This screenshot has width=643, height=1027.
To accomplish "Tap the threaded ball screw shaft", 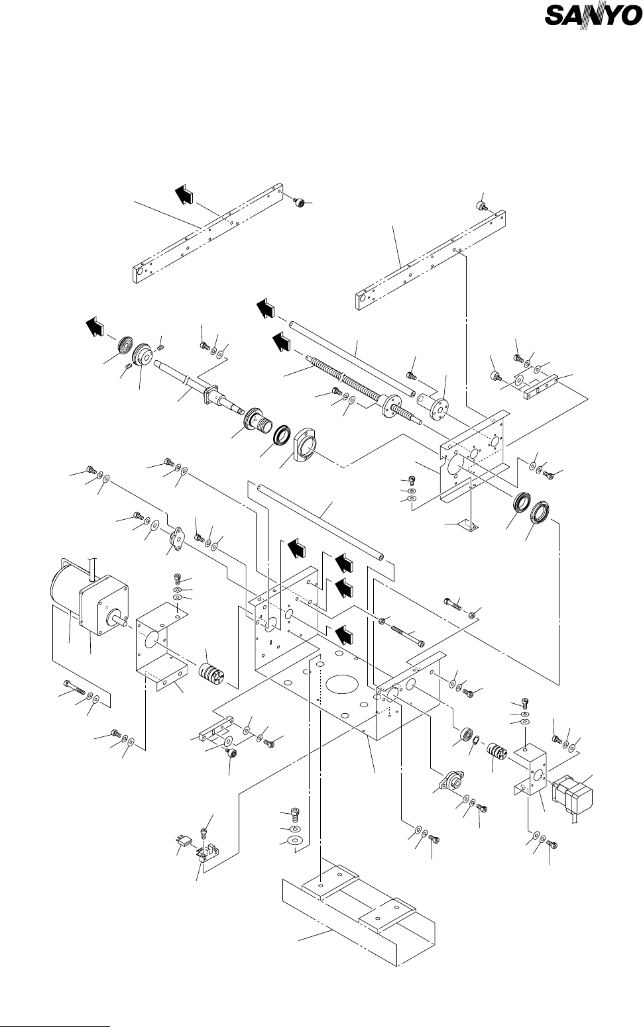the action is point(364,387).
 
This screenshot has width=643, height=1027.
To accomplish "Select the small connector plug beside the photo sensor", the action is point(184,840).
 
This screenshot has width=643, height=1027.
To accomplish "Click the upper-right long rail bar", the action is point(431,260).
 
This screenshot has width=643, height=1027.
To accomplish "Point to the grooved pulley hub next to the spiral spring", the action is point(144,356).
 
